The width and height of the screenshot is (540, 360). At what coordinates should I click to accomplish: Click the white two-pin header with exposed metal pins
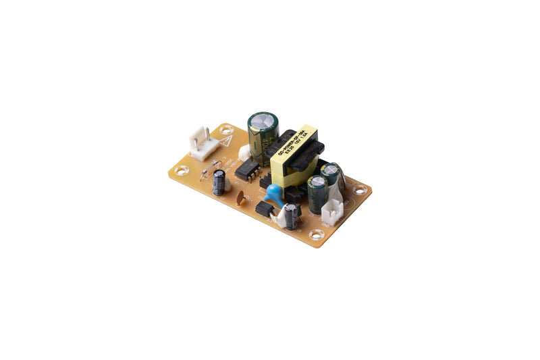pos(203,144)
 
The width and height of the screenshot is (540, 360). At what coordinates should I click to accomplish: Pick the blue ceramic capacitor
pos(274,193)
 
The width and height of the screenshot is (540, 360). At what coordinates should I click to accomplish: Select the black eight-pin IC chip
pos(248,169)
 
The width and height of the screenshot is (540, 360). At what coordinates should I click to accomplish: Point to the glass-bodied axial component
pos(211,166)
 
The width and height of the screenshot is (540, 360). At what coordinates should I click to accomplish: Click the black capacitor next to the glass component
pos(220,182)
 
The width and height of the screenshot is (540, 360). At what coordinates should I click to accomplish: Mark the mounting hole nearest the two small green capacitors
pos(360,190)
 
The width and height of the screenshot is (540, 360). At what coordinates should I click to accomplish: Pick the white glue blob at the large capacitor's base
pos(244,153)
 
